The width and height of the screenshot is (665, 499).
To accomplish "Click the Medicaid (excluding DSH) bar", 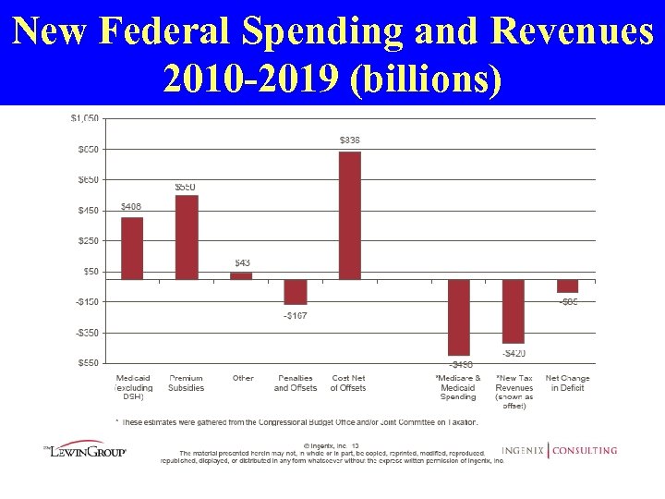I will [132, 248].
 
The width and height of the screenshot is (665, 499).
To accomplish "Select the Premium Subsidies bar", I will [187, 237].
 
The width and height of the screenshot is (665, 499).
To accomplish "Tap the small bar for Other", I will [241, 275].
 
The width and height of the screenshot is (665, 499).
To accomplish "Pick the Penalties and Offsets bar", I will [296, 291].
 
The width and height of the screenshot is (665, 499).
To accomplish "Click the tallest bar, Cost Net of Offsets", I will [350, 215].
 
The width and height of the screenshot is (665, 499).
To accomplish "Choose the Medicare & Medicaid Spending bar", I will [459, 317].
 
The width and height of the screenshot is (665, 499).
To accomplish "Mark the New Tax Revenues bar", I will [514, 310].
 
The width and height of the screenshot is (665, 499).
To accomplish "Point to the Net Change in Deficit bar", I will [568, 286].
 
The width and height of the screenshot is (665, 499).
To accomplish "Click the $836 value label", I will [350, 140].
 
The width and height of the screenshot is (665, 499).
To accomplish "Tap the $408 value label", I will [131, 206].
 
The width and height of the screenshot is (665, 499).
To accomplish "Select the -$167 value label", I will [296, 316].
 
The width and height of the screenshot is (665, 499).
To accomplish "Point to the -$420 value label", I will [514, 353].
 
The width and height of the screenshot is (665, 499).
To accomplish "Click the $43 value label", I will [241, 263].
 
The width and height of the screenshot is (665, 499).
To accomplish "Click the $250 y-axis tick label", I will [87, 240].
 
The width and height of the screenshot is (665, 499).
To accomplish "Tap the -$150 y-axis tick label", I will [86, 301].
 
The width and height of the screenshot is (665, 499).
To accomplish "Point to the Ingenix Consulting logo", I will [560, 451].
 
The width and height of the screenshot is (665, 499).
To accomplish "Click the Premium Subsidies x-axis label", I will [187, 383].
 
